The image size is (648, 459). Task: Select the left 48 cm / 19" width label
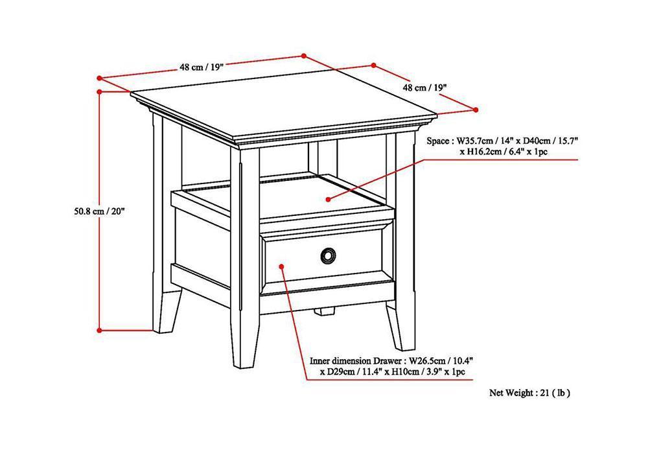203,67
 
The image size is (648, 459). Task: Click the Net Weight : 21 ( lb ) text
529,392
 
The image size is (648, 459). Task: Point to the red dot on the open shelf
329,198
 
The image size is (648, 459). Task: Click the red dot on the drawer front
281,265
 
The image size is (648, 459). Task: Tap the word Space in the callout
438,140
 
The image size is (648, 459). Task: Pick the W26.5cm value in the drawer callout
430,360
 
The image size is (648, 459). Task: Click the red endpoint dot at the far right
476,110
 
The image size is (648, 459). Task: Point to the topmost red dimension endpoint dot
304,55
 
